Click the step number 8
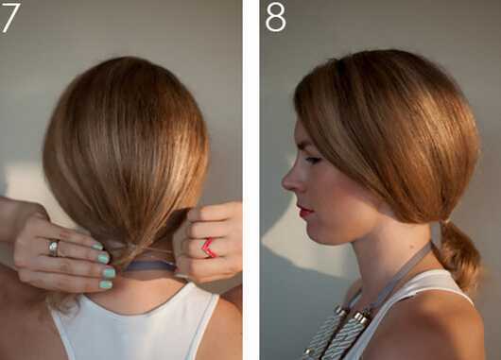pos(275,18)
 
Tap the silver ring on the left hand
pos(54,248)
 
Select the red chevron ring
pos(210,248)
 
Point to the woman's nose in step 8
pos(291,181)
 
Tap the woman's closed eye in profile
pos(313,160)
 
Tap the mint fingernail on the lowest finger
pos(106,284)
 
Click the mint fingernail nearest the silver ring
pos(97,246)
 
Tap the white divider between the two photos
pos(251,180)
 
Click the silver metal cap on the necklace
pos(362,317)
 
